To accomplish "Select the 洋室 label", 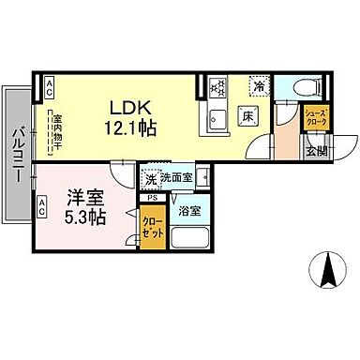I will (x=84, y=198).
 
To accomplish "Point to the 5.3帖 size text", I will (x=84, y=217).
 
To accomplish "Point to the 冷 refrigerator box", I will (x=259, y=86).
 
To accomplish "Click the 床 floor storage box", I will (x=247, y=115).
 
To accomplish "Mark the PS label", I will (x=150, y=198).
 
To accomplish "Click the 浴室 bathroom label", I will (x=189, y=211).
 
